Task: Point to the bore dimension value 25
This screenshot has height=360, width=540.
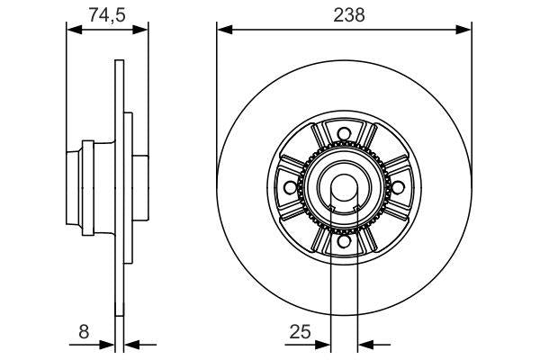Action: point(300,332)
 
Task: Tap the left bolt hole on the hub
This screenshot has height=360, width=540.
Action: point(289,189)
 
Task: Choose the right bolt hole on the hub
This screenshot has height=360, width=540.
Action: point(397,189)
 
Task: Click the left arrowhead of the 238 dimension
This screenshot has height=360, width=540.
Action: point(223,30)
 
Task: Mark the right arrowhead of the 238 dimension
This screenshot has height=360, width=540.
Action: point(465,30)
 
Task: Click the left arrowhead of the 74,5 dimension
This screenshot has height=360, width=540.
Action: point(75,30)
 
